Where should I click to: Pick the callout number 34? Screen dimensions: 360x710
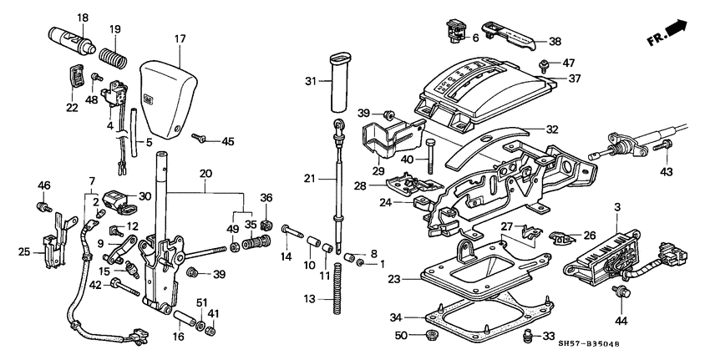[x=397, y=317]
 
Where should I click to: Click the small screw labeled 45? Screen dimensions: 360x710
[x=200, y=138]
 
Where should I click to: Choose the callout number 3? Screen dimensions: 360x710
[x=617, y=205]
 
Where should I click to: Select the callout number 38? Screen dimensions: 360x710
[x=555, y=41]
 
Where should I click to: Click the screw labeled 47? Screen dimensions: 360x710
[x=545, y=63]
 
